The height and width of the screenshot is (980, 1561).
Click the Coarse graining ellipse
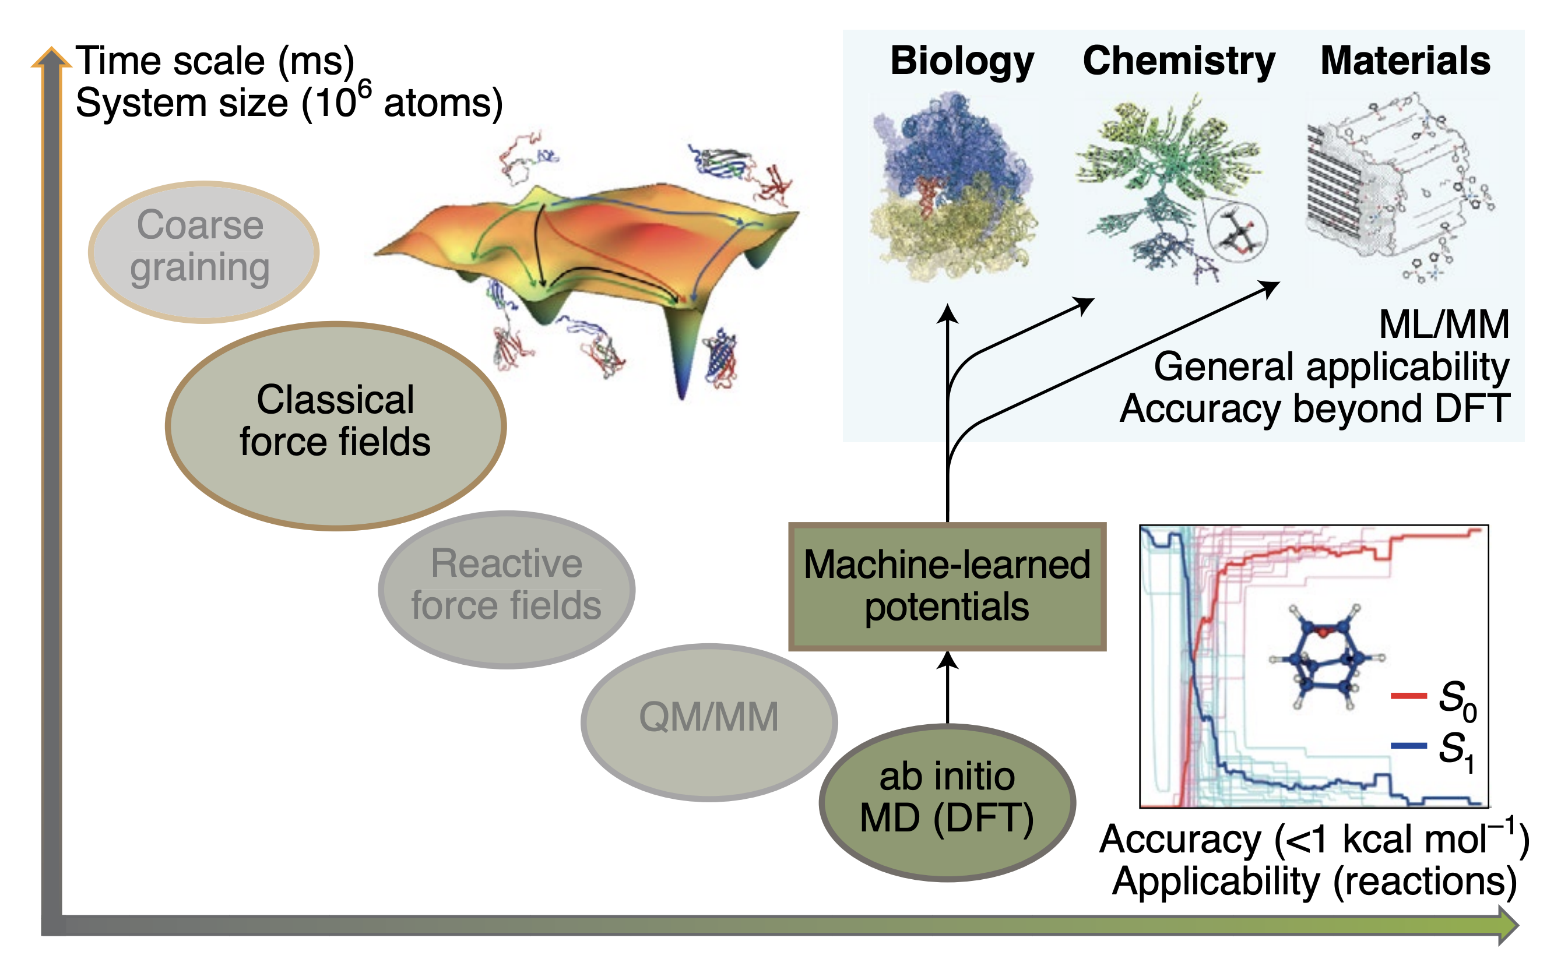click(x=203, y=252)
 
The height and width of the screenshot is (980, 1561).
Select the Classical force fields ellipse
click(x=335, y=426)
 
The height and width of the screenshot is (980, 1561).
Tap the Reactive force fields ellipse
click(x=507, y=589)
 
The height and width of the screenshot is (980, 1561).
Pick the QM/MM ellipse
click(x=709, y=721)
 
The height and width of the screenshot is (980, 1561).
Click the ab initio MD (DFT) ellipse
click(x=947, y=802)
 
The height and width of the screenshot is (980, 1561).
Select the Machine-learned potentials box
click(x=947, y=586)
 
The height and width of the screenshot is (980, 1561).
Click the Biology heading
click(x=962, y=62)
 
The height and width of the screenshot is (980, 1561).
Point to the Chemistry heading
click(x=1179, y=62)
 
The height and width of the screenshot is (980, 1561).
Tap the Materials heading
click(x=1405, y=62)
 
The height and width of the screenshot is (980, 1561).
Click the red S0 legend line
click(x=1408, y=696)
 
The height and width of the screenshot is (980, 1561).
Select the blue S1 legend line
click(x=1408, y=745)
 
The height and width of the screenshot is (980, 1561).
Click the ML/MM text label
click(x=1444, y=325)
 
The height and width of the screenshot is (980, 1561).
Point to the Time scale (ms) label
click(x=215, y=62)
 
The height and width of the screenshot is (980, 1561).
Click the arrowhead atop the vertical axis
click(x=51, y=57)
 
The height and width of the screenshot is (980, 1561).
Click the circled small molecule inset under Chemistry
click(x=1237, y=232)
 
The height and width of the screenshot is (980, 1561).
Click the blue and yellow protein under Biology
click(x=952, y=188)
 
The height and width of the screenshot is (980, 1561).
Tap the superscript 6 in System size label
click(x=365, y=89)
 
